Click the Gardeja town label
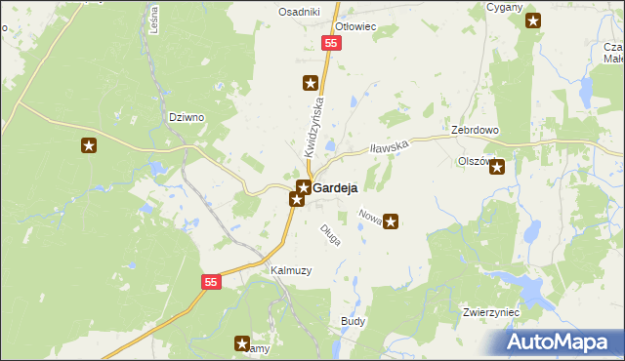pos(335,187)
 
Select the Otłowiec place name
pos(355,26)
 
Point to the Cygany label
pos(504,7)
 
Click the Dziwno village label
pos(186,117)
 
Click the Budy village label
pos(353,320)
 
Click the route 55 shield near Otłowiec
pos(332,44)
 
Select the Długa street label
pos(331,234)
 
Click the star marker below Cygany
pos(532,21)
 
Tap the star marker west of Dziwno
pos(89,146)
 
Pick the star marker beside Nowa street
pos(392,221)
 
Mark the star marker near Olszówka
pos(497,166)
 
